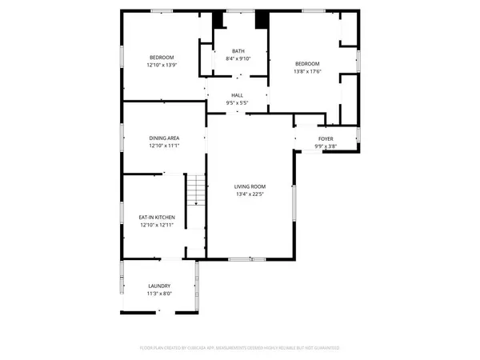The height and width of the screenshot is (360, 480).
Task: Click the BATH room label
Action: coord(238,50)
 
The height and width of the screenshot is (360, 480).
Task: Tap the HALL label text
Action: coord(238,95)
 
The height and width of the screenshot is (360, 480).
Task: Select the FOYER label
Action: coord(326,138)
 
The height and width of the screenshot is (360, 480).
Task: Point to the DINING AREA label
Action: coord(163,138)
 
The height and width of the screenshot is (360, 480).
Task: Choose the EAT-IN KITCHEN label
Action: coord(157,217)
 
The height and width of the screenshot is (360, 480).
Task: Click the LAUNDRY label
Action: coord(159,286)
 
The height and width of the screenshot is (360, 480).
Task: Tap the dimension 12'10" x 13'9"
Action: coord(162,65)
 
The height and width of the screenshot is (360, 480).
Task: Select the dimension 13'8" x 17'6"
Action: coord(306,71)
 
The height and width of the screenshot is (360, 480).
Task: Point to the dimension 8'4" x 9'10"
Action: coord(238,58)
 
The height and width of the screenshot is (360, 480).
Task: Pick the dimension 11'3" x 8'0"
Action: coord(159,294)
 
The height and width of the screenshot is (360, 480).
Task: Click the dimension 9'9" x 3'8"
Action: coord(326,146)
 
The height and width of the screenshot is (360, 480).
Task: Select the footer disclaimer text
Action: coord(240,348)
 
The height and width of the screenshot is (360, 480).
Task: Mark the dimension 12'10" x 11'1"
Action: coord(163,146)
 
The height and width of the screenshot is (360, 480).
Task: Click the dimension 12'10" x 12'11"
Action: coord(157,225)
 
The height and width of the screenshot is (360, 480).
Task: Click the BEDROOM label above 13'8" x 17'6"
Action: coord(306,63)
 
